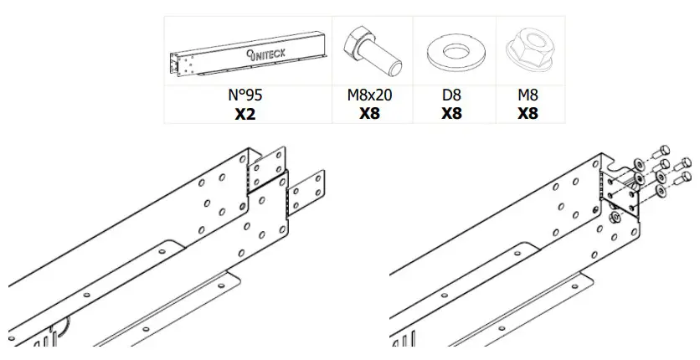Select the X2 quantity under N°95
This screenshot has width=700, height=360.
[x=244, y=113]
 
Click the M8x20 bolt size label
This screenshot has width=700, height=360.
[x=368, y=95]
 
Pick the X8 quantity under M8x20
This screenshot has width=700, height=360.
[x=368, y=113]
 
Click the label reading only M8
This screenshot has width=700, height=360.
[x=528, y=95]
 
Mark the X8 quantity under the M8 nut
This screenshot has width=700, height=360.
[x=528, y=113]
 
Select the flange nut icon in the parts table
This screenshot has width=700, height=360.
[x=528, y=51]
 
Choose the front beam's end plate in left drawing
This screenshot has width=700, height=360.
[x=306, y=192]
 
